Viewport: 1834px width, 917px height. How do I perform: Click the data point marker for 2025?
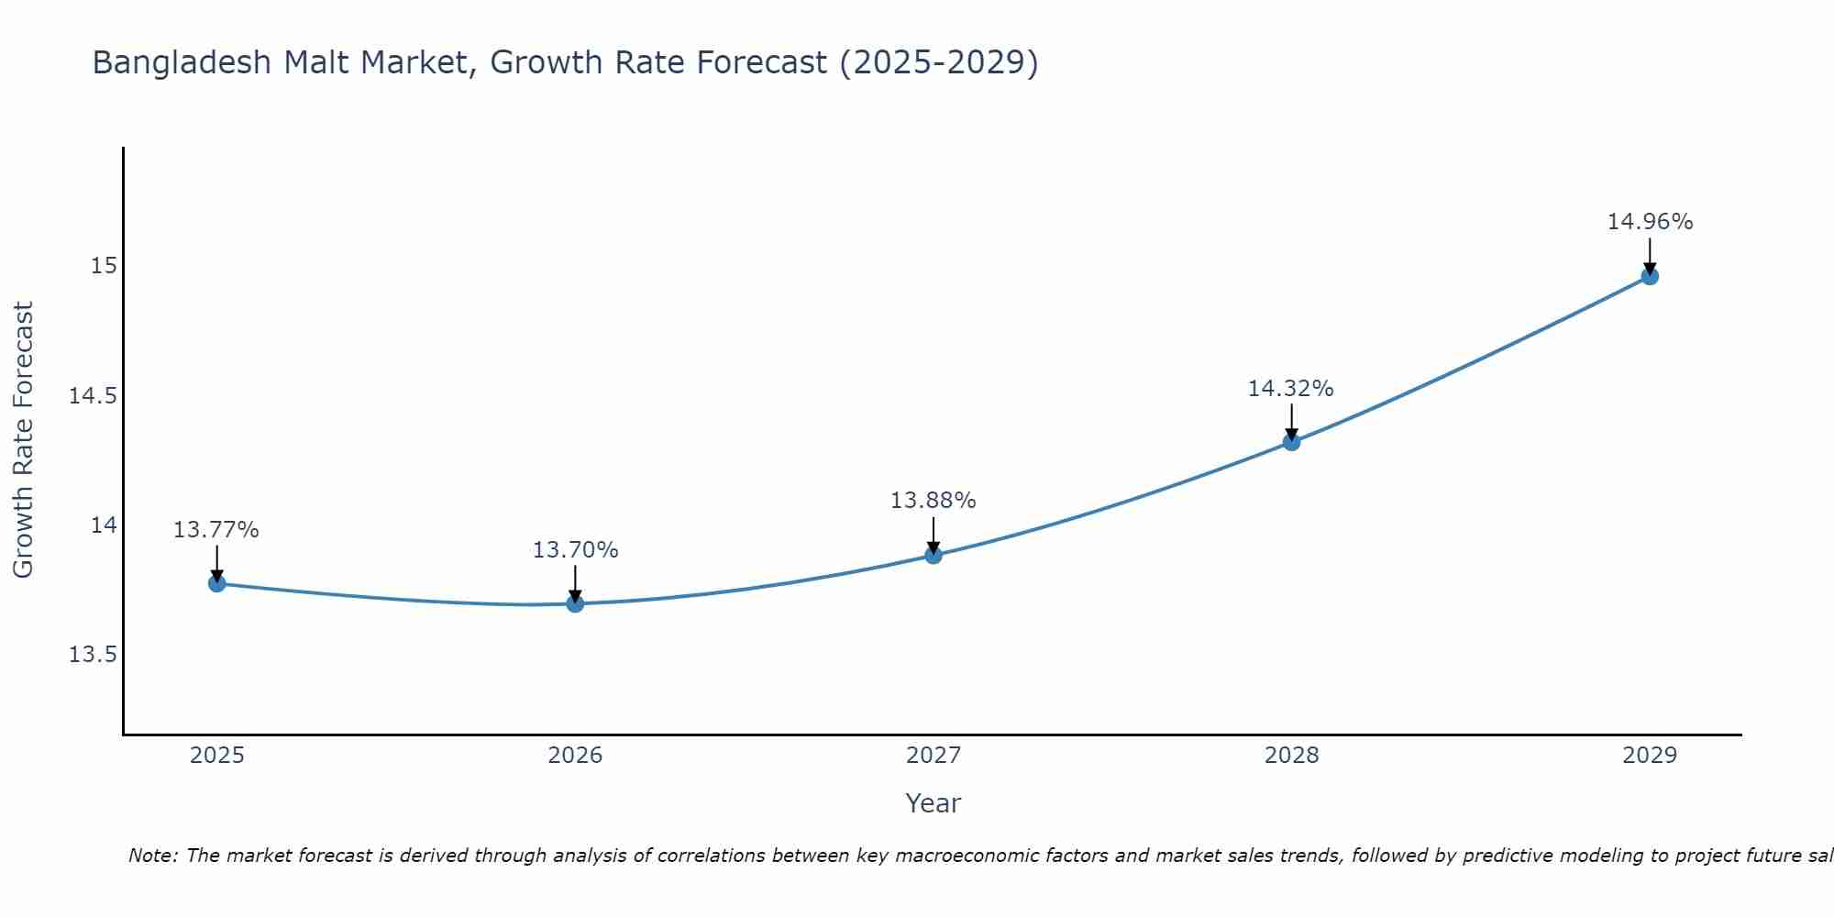(x=216, y=583)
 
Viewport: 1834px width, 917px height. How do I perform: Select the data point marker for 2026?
(x=575, y=603)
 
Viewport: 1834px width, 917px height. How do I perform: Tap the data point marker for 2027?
(x=934, y=555)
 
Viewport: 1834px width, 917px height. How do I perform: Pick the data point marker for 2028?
(x=1291, y=442)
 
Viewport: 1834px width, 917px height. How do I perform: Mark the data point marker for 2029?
(x=1650, y=276)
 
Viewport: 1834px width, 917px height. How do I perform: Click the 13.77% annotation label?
(x=216, y=530)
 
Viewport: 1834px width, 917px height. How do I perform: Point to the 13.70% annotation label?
(x=575, y=550)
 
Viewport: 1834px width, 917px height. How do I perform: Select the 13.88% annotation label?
(x=934, y=501)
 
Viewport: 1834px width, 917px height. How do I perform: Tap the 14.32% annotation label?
(x=1290, y=389)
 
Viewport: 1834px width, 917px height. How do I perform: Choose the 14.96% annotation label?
(x=1650, y=222)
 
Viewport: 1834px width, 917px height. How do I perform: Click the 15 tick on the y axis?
(x=104, y=266)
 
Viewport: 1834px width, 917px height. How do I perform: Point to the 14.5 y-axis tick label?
(x=93, y=396)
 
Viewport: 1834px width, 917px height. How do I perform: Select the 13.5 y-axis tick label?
(x=93, y=655)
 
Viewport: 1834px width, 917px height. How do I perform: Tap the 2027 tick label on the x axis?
(x=934, y=756)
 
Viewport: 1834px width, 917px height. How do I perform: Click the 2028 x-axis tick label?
(x=1291, y=756)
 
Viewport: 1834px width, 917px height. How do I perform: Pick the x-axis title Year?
(x=933, y=803)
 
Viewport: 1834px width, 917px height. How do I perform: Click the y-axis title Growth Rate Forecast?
(x=23, y=440)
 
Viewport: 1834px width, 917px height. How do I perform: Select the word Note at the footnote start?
(x=152, y=856)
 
